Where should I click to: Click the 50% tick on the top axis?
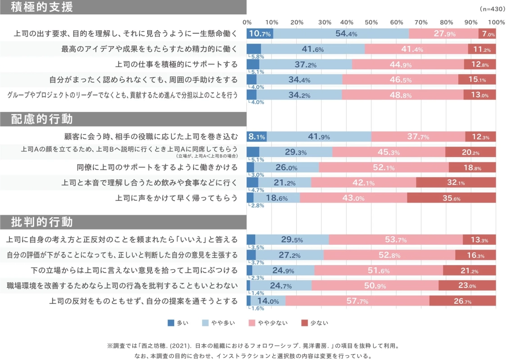click(371, 22)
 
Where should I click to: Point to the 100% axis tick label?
click(496, 22)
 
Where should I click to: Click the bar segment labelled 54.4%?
click(341, 34)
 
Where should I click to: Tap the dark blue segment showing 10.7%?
click(260, 34)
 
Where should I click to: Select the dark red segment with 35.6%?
click(452, 198)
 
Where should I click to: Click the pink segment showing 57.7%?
click(357, 301)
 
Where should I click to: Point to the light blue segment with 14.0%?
click(268, 301)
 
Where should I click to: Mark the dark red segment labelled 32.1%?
click(456, 183)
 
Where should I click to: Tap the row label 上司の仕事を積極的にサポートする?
click(176, 64)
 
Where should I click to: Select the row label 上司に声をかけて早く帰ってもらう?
click(176, 198)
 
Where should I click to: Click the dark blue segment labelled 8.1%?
click(257, 137)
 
